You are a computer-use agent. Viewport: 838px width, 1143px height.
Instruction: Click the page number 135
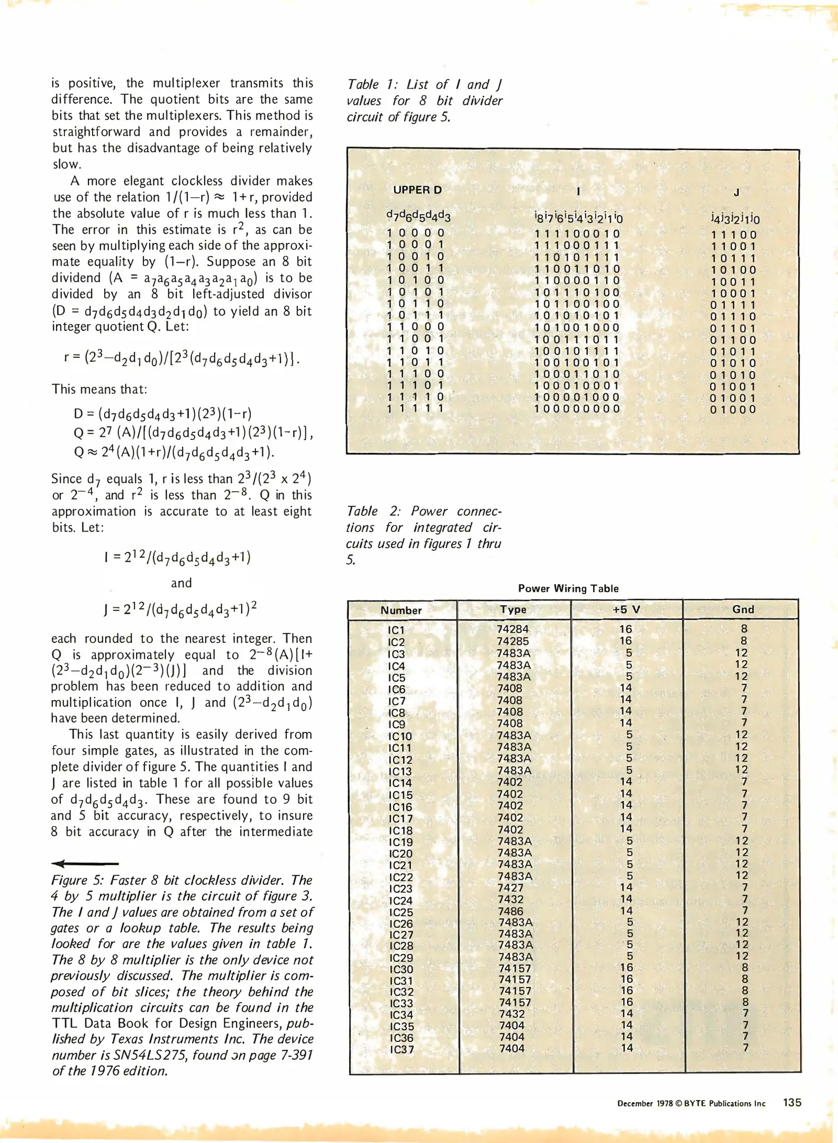792,1102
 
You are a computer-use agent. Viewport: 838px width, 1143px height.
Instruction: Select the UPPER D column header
417,190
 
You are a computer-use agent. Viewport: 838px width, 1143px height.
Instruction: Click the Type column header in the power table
513,609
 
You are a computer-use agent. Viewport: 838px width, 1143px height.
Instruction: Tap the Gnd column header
743,609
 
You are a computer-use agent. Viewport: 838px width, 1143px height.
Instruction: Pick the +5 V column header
626,609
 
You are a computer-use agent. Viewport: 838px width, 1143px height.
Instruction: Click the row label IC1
396,630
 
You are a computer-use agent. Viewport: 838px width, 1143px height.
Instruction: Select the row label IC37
402,1049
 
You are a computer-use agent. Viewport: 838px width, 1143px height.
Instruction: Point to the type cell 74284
513,629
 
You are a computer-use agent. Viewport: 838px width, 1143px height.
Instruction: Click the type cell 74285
513,641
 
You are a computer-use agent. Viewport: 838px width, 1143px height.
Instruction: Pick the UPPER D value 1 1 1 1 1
415,409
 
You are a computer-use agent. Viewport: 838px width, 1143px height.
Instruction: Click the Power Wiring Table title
568,588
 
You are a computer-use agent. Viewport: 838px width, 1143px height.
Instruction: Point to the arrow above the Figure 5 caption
85,864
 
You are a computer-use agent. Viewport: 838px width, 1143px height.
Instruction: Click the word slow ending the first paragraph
63,164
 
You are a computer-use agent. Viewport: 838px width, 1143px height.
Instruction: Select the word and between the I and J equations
181,583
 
